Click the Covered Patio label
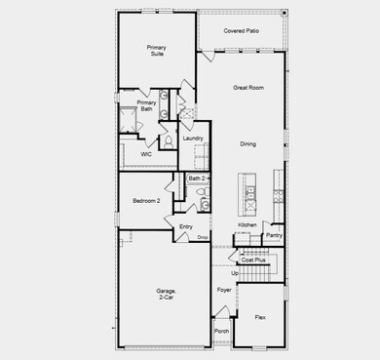241,31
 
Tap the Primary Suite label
156,51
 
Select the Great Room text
248,88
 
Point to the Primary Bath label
146,106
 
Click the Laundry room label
192,139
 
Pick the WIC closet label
145,154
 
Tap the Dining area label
248,144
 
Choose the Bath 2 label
196,179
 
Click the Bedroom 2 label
146,201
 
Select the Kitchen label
247,225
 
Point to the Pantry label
275,235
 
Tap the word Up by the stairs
235,273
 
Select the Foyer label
223,291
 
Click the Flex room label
260,318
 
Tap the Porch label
222,332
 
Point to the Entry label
185,227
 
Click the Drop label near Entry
203,237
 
